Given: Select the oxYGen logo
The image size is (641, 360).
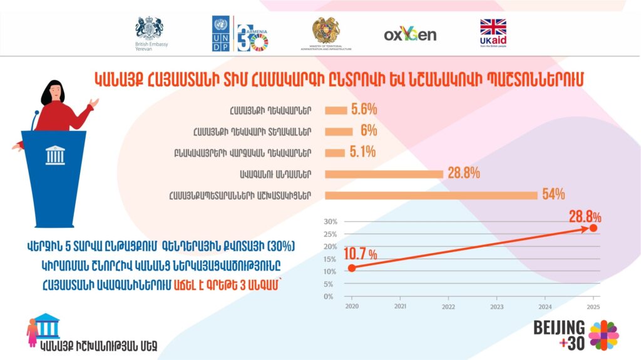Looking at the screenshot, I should [x=410, y=34].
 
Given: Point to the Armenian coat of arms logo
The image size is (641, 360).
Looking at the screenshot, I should [x=326, y=29].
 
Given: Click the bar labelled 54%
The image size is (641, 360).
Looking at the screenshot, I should [x=431, y=195].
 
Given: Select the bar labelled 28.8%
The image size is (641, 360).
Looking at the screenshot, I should [x=384, y=174].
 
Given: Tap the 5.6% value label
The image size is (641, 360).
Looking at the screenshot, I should [x=364, y=110].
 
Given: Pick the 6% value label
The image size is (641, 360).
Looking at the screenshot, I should [x=369, y=131].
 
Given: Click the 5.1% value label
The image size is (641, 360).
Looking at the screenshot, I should [x=362, y=152].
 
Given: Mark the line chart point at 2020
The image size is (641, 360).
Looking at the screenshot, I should [x=351, y=268].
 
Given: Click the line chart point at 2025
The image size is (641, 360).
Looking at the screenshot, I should [x=593, y=228].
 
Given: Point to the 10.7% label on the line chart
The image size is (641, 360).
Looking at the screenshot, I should [x=360, y=254].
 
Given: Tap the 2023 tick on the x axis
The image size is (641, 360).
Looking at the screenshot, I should [x=496, y=307].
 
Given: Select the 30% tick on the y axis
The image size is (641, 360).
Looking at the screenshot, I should [x=330, y=222].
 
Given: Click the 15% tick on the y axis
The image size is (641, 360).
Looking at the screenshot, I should [x=330, y=259].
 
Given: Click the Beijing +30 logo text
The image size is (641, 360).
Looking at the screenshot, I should [x=559, y=334].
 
